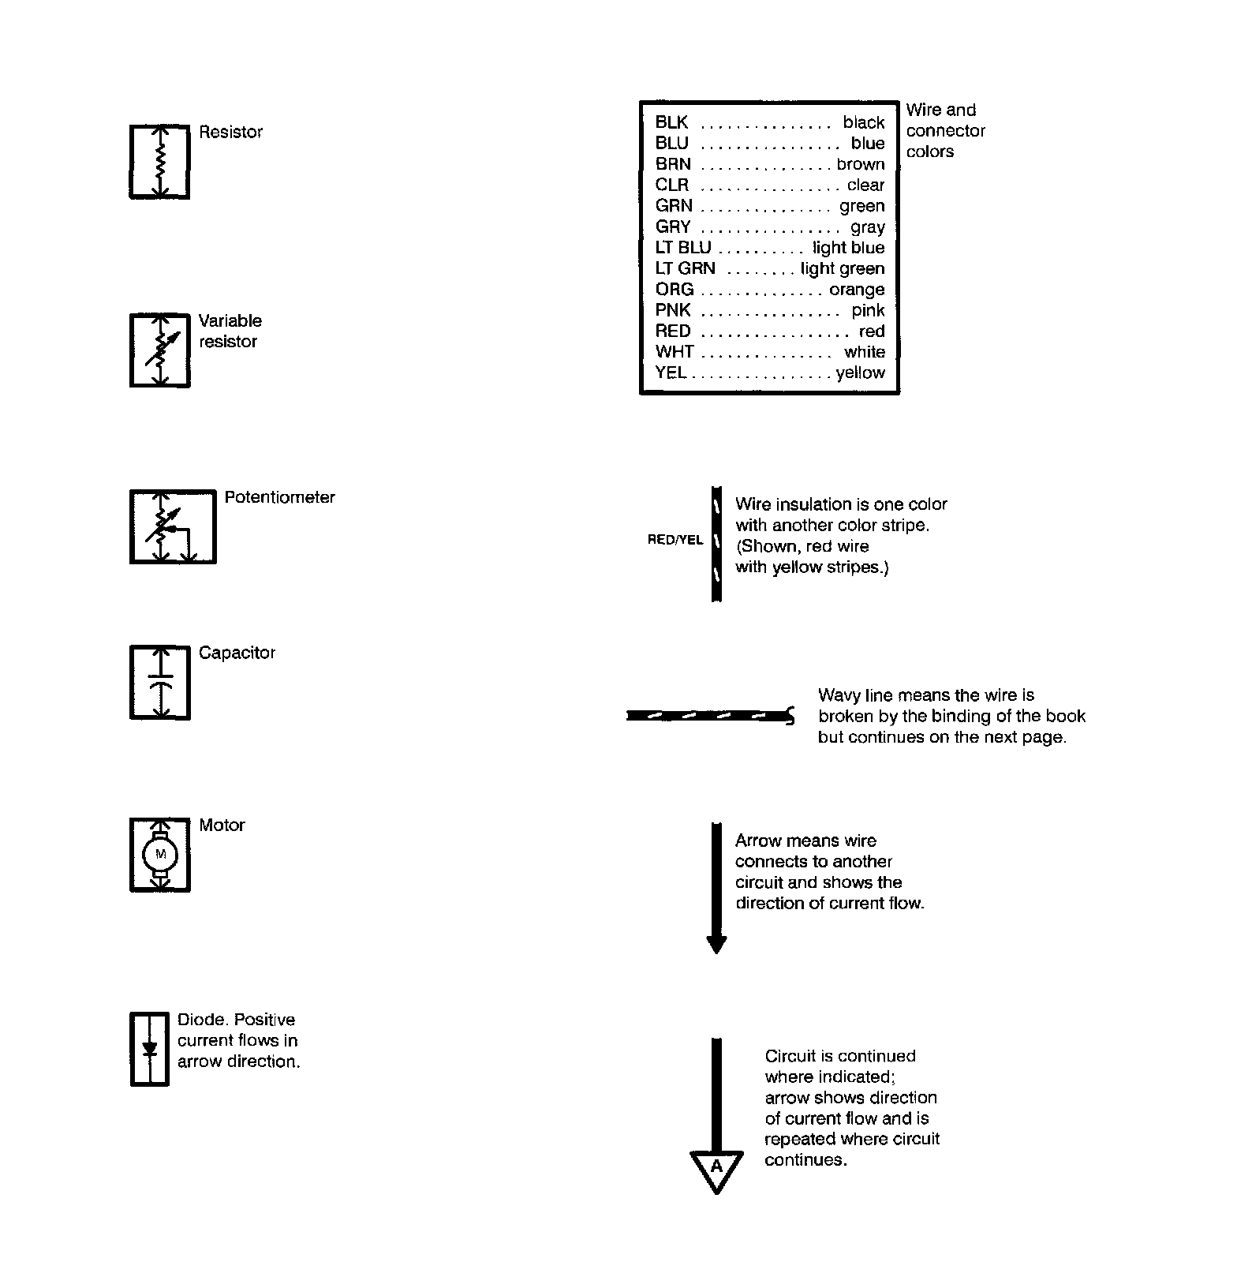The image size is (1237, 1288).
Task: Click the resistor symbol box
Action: (x=159, y=161)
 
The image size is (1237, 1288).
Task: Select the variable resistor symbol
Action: (x=159, y=350)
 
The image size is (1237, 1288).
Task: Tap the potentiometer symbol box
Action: (x=173, y=526)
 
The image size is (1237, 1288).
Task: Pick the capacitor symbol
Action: (x=159, y=682)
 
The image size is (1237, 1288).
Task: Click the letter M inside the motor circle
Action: (x=160, y=854)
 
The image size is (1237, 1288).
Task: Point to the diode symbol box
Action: (x=149, y=1049)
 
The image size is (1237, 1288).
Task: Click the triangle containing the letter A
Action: (x=716, y=1169)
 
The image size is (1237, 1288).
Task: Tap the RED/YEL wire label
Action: (x=675, y=541)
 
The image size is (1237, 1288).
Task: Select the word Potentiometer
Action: (x=279, y=497)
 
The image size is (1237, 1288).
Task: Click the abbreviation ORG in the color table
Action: (x=674, y=290)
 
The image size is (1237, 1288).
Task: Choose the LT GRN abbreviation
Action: (x=685, y=268)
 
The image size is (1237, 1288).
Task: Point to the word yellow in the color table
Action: (x=860, y=373)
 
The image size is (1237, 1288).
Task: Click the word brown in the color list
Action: (x=860, y=164)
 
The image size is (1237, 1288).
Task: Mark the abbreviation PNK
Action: (x=672, y=310)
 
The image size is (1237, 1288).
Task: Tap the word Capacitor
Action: (x=237, y=653)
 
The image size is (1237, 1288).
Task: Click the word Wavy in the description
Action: (x=838, y=695)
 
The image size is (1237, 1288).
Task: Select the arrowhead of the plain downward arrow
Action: (x=716, y=944)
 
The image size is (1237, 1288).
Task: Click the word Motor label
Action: (x=222, y=825)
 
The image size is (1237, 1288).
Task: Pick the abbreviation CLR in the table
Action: (x=671, y=185)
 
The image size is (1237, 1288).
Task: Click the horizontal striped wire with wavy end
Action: (x=706, y=716)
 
